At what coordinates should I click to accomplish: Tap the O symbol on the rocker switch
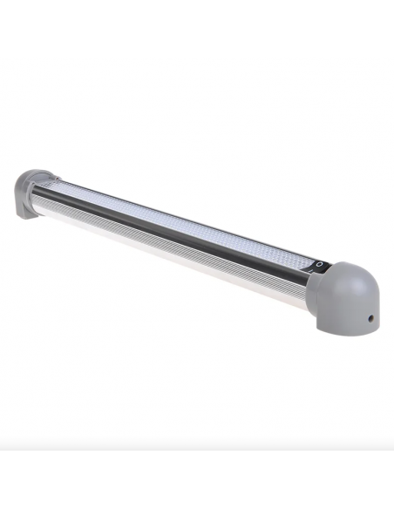tap(319, 263)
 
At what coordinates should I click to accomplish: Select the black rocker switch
tap(316, 268)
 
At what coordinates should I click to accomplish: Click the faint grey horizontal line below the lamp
tap(197, 449)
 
